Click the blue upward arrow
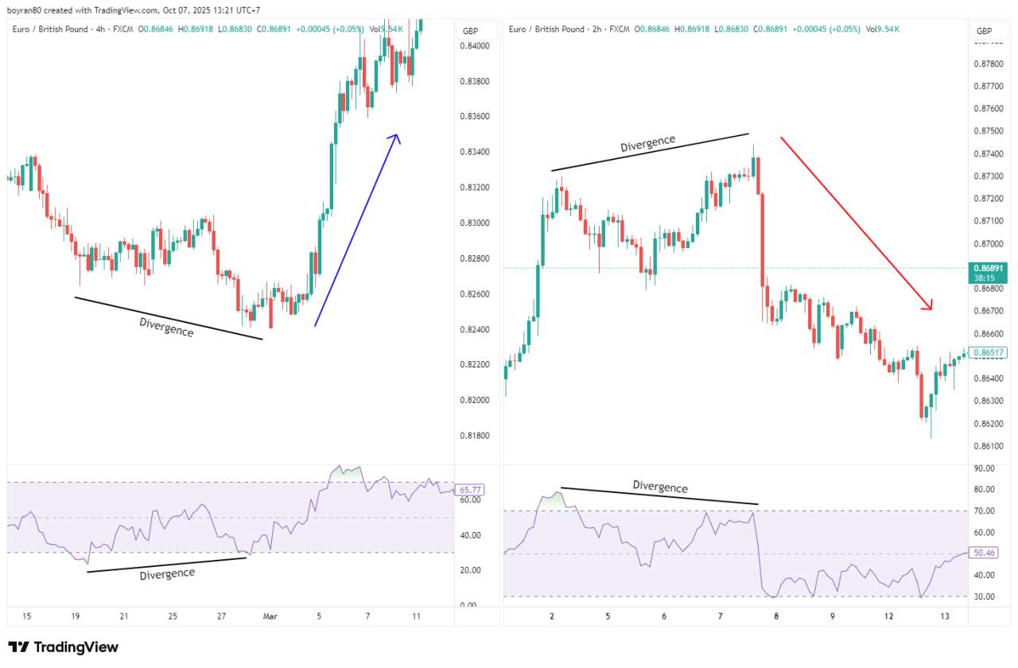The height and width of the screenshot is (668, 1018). click(x=356, y=231)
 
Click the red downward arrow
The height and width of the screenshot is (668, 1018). click(x=855, y=223)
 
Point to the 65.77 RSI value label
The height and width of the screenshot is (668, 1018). click(x=471, y=490)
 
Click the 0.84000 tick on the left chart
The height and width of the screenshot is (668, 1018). click(x=474, y=46)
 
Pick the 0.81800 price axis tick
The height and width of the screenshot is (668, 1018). click(x=474, y=435)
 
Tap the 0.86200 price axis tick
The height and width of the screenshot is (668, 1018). click(x=987, y=424)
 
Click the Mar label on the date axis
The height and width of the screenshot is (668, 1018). click(x=270, y=616)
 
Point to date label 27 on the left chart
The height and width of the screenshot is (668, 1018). click(x=222, y=616)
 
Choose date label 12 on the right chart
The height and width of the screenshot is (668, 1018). click(x=888, y=616)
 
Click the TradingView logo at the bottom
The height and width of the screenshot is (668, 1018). click(x=64, y=647)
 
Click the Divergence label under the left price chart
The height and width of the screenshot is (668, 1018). click(x=166, y=327)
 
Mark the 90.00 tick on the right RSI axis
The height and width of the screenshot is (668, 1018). click(x=984, y=468)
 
